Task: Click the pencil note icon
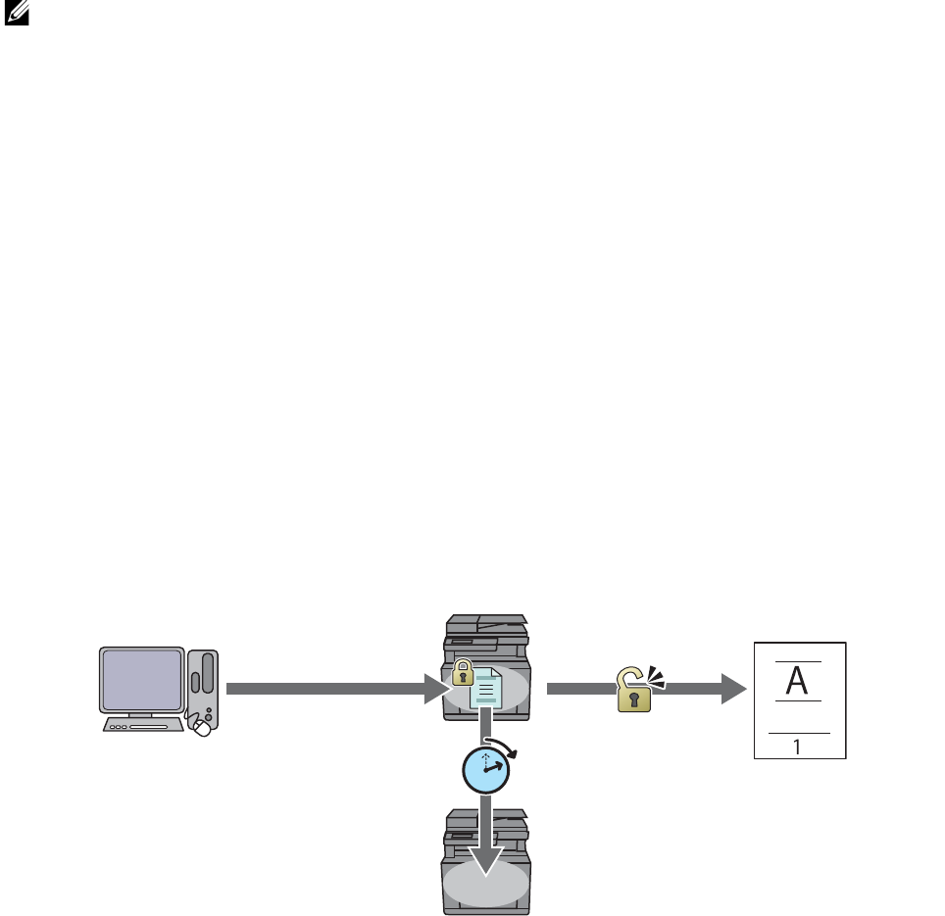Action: [17, 12]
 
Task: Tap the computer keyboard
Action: [143, 725]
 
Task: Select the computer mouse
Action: [203, 729]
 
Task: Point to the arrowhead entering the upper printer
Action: [437, 689]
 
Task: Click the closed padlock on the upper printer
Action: [463, 673]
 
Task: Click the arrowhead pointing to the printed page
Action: [734, 689]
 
